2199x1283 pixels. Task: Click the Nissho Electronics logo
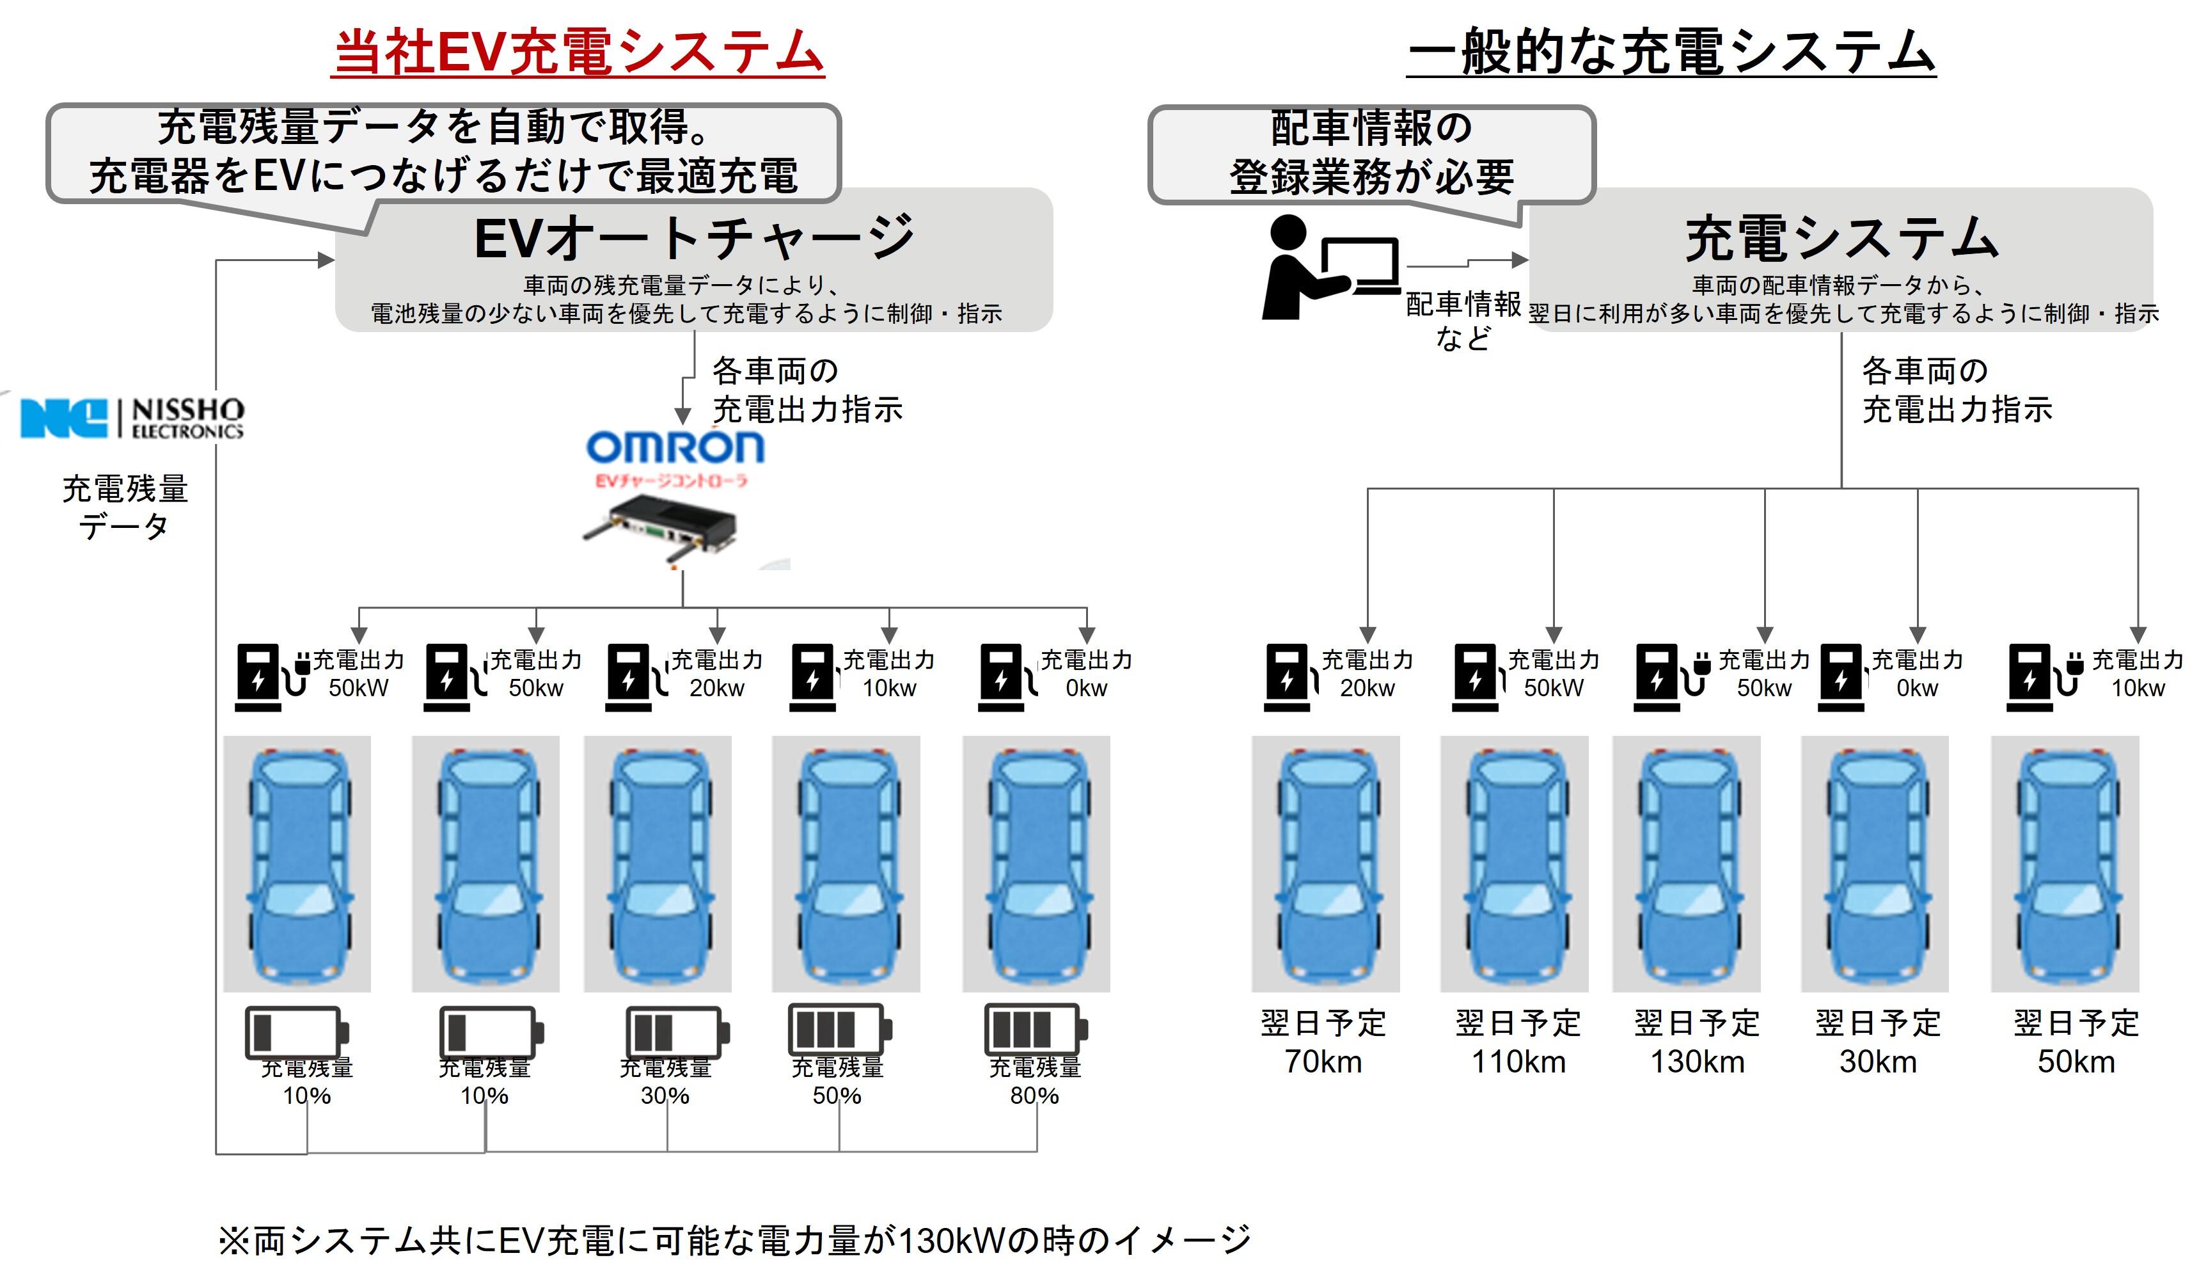[132, 418]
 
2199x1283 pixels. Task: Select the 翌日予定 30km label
[1878, 1042]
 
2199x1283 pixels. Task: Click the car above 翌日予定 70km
[1325, 863]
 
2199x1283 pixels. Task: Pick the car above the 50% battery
[846, 863]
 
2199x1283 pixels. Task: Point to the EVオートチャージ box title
[694, 238]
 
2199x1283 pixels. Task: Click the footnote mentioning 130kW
[733, 1240]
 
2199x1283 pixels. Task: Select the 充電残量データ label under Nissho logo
[125, 507]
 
